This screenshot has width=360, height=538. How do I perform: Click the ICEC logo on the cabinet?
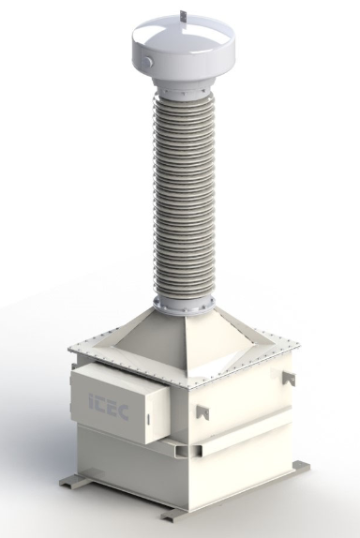(x=109, y=406)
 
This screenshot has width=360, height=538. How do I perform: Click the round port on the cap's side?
(x=148, y=61)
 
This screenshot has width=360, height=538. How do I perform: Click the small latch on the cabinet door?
(x=148, y=419)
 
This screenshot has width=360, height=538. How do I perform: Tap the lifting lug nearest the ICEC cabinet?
(x=202, y=411)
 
